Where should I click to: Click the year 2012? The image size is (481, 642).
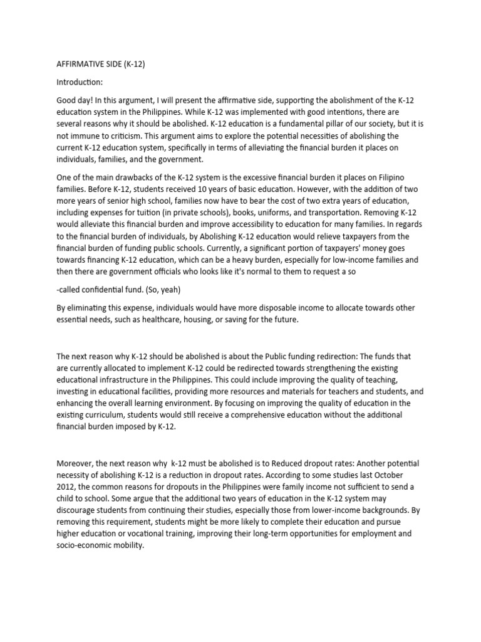point(66,487)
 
